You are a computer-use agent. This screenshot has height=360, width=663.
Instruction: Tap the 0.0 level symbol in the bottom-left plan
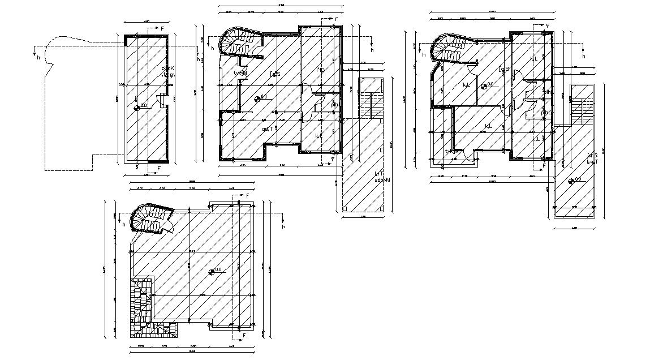tap(212, 272)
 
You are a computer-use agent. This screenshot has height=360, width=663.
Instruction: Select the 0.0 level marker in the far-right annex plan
tap(571, 182)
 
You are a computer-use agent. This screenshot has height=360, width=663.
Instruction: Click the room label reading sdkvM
tap(382, 181)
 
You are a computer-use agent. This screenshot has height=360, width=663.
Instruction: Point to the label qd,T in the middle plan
tap(268, 128)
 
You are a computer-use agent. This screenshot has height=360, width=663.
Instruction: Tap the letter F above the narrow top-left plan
tap(162, 28)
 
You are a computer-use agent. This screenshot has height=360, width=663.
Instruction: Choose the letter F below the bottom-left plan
tap(244, 336)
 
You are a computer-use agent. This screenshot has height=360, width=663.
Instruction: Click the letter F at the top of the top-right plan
tap(547, 25)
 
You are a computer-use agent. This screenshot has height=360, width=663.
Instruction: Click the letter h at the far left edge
tap(38, 57)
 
